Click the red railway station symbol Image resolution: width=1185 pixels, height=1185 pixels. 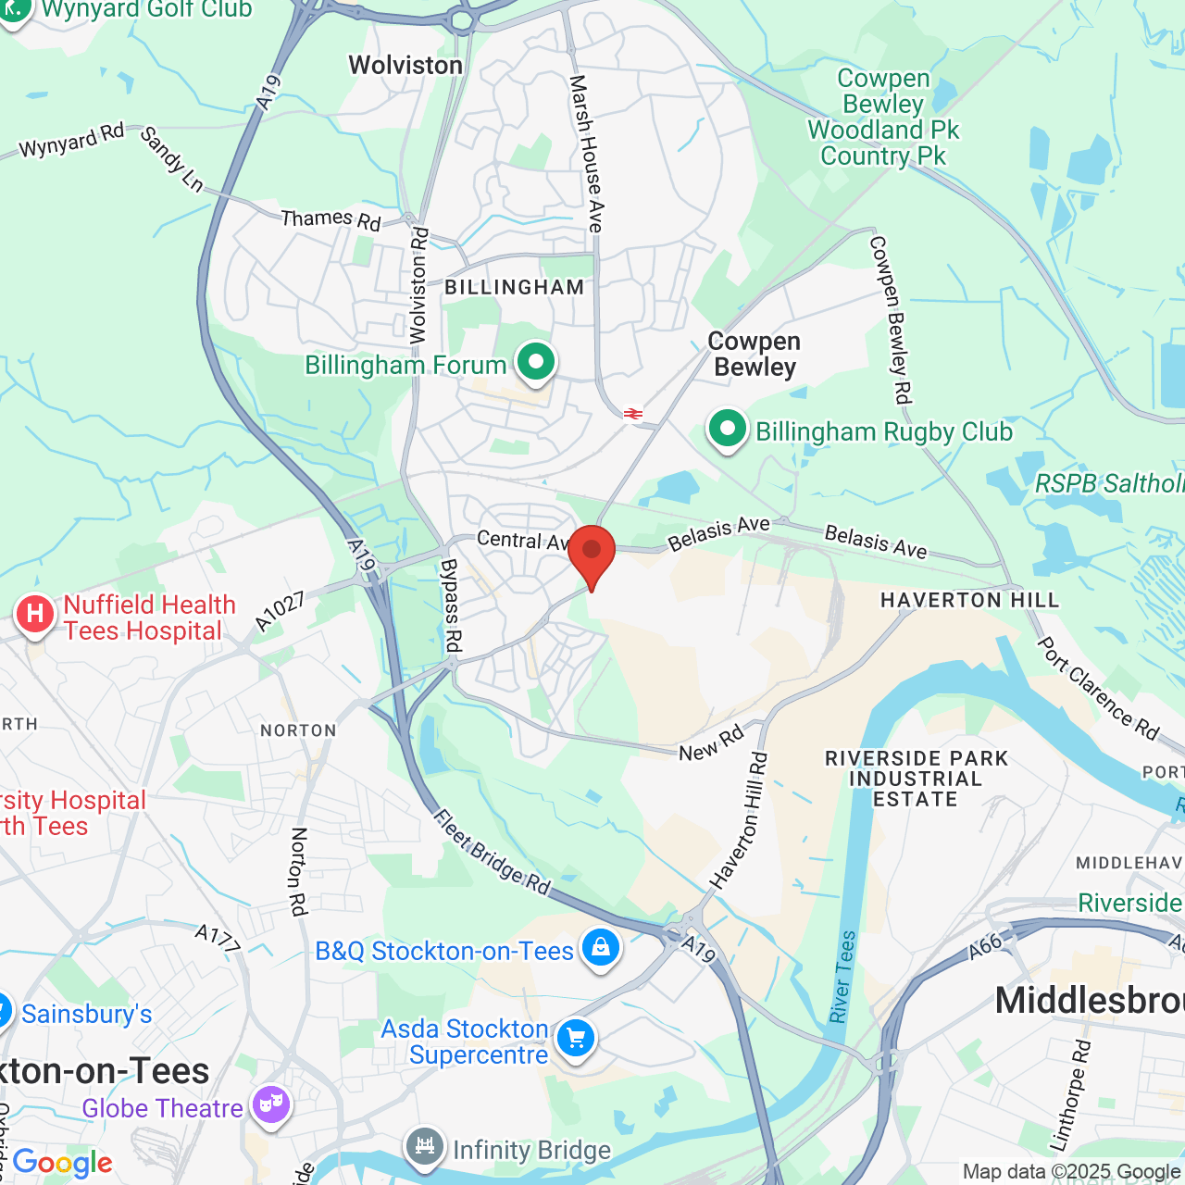coord(633,414)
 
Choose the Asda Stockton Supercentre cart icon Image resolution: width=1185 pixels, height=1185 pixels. coord(576,1039)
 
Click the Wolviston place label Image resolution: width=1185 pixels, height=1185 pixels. coord(405,66)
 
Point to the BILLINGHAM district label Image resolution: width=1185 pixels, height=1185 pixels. coord(515,288)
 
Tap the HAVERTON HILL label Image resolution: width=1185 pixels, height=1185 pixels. coord(969,601)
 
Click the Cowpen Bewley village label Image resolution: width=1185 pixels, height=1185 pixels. coord(755,355)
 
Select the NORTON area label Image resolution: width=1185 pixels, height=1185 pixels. coord(298,731)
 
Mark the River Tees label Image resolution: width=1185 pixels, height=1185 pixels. coord(842,977)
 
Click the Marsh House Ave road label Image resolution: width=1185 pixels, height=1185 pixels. coord(587,154)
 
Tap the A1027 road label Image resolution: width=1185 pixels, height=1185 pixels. coord(280,612)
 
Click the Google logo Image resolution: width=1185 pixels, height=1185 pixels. coord(62,1163)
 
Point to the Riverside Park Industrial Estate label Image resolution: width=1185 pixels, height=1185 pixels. coord(916,779)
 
